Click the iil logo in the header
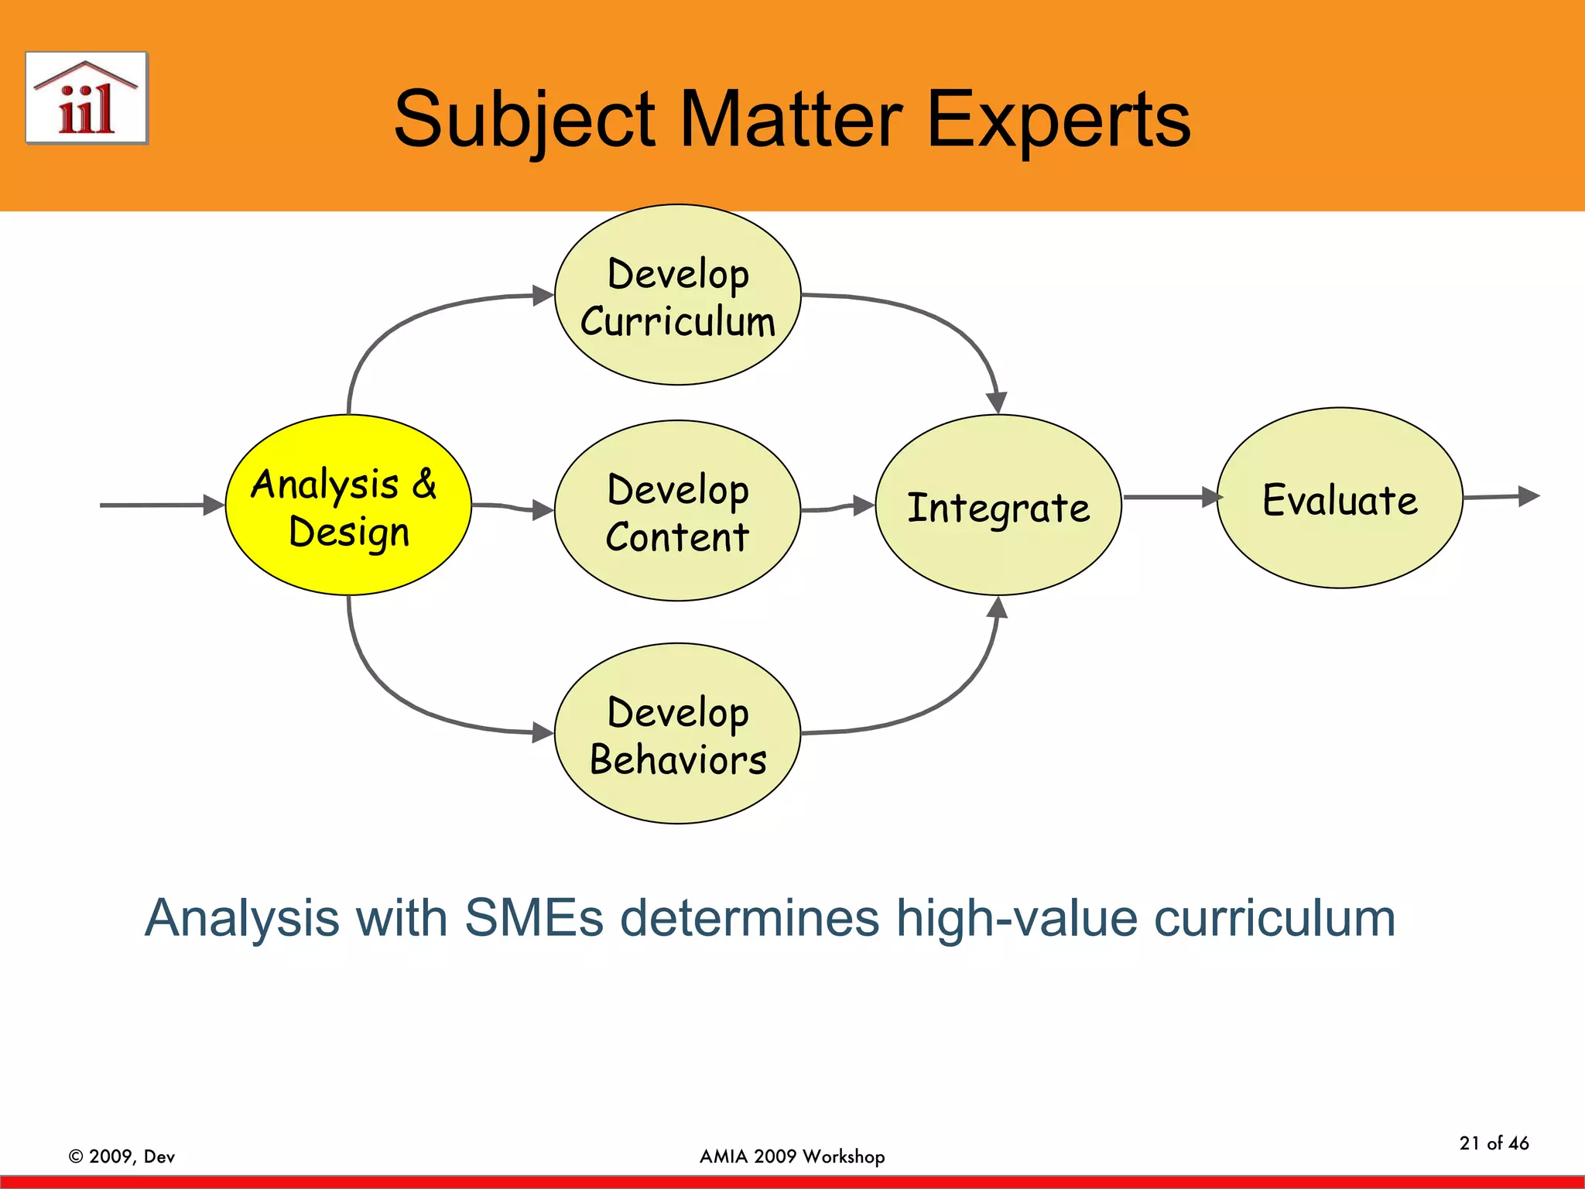(86, 98)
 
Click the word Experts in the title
(1058, 120)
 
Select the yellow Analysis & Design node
(348, 505)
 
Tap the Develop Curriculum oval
(677, 295)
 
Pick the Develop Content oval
(677, 511)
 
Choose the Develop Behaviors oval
(677, 734)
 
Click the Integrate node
(998, 505)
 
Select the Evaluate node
(1340, 499)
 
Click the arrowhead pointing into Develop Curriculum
(543, 296)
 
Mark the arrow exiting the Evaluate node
(1501, 496)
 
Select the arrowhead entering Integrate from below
(998, 608)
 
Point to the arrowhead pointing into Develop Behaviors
(543, 732)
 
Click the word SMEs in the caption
(533, 919)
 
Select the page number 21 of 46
(1494, 1143)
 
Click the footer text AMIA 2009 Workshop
(792, 1156)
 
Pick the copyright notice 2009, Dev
(122, 1156)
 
